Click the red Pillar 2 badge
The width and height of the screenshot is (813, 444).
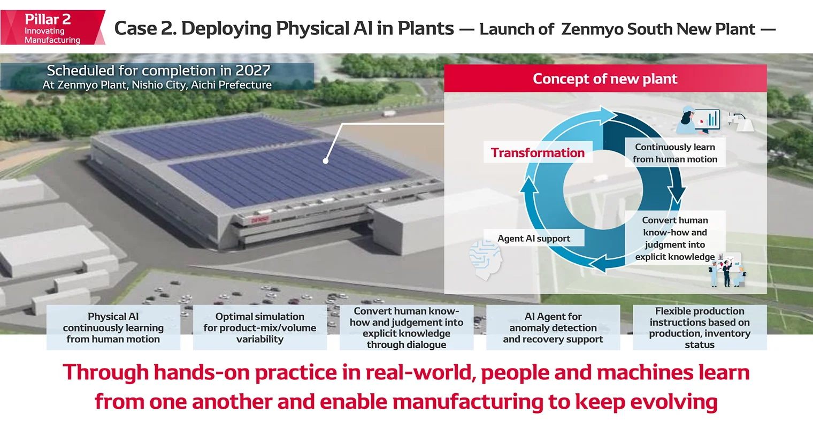[52, 28]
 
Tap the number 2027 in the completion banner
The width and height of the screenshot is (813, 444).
[252, 71]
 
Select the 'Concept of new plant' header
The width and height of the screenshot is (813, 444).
[605, 79]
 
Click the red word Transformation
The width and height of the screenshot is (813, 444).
[538, 152]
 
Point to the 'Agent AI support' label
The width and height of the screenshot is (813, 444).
[533, 238]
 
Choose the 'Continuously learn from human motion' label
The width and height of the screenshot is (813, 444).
[674, 153]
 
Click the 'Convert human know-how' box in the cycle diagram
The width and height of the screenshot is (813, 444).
[674, 238]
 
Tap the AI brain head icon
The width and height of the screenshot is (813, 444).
[485, 259]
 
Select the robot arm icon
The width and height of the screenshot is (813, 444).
[743, 121]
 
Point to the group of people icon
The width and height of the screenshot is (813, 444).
[727, 271]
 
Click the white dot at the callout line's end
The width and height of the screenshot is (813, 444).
[326, 160]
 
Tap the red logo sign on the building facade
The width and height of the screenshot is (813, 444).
[260, 219]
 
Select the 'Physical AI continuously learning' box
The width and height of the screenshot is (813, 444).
[113, 327]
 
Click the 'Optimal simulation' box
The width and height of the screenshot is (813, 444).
[260, 327]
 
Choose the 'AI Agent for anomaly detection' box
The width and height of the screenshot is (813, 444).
[553, 327]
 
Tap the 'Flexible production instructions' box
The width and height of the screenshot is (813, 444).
[700, 327]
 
